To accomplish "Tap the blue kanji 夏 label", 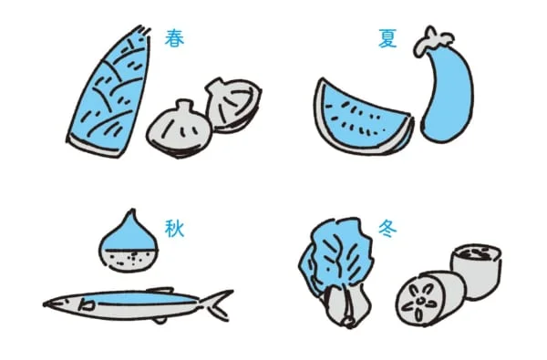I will pyautogui.click(x=387, y=37).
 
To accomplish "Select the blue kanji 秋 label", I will pyautogui.click(x=174, y=227).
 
